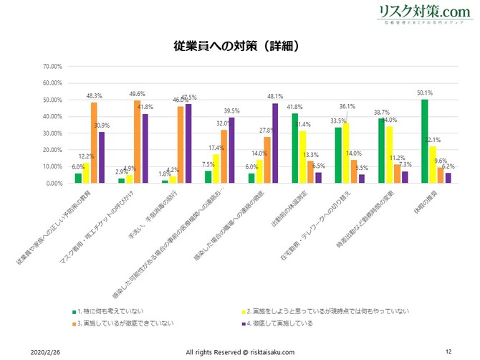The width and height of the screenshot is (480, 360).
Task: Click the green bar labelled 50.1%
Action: [425, 141]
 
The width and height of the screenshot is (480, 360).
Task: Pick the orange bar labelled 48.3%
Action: [94, 143]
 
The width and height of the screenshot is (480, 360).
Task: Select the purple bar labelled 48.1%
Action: [275, 143]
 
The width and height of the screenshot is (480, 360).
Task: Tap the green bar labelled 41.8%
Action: [295, 148]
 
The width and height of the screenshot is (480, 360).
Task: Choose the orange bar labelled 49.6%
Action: [138, 142]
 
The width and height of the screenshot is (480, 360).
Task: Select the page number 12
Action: [448, 351]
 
